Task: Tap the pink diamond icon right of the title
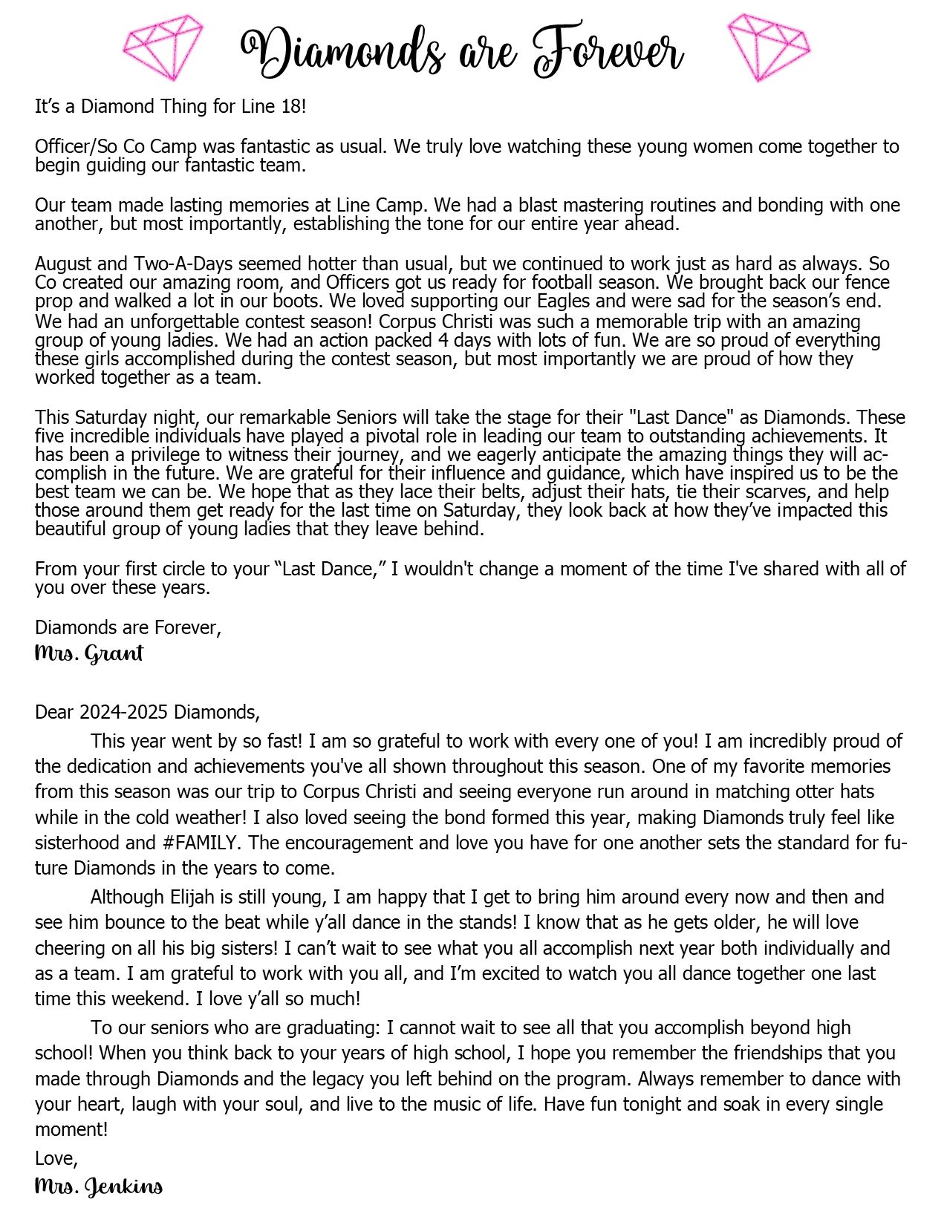768,47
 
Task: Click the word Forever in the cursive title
608,52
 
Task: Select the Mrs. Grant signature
88,654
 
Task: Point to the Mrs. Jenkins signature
98,1186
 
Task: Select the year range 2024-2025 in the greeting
124,713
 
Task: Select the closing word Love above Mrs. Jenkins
55,1158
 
